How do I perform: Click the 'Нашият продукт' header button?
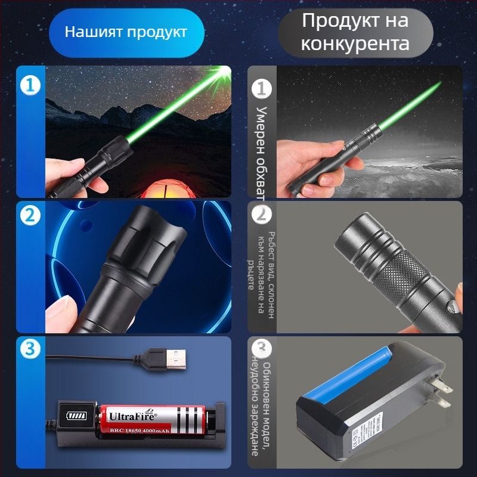[126, 32]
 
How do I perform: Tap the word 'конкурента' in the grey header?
[355, 44]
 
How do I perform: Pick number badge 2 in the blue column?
[30, 216]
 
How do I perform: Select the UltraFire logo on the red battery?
[132, 413]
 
